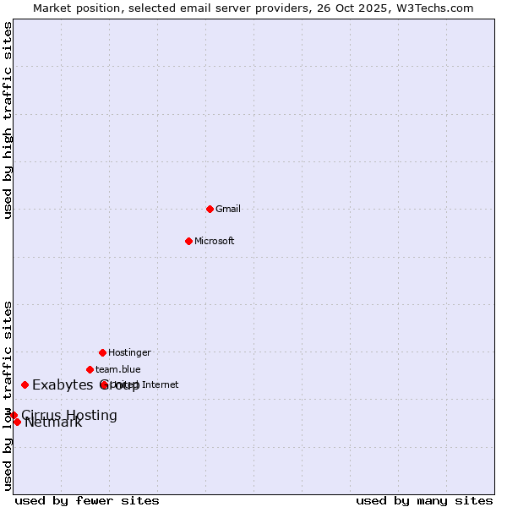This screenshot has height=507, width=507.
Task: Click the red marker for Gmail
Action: point(210,209)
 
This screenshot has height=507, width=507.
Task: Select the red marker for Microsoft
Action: point(188,241)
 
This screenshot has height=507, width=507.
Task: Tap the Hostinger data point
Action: point(102,352)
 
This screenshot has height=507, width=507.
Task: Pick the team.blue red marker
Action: point(90,369)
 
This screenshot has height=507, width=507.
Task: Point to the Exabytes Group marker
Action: point(25,384)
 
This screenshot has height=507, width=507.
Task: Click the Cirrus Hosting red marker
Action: point(14,415)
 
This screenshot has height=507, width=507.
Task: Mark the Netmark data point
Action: point(17,422)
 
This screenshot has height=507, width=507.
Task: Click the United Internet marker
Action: point(105,384)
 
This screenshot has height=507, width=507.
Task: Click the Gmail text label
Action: point(228,209)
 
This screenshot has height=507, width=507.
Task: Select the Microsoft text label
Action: point(215,241)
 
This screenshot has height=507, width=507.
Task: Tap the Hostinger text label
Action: point(129,352)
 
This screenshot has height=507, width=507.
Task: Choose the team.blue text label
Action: point(118,369)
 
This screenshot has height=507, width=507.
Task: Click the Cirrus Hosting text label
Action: point(69,415)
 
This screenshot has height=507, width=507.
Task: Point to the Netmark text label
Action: point(53,422)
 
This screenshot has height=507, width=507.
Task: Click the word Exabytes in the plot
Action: point(62,385)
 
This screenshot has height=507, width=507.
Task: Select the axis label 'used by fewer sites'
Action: point(87,500)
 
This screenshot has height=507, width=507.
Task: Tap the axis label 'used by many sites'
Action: point(424,500)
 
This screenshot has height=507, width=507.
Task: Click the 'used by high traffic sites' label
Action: point(8,120)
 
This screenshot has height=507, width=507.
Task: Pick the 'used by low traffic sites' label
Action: point(8,395)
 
